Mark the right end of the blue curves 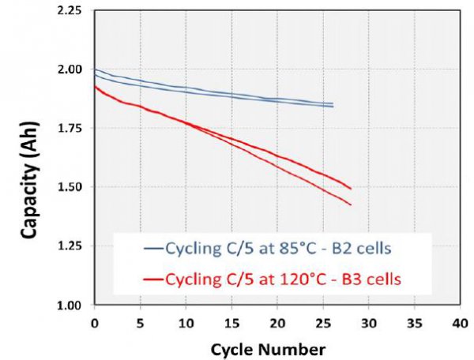[x=333, y=105]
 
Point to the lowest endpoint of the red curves [x=350, y=204]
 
